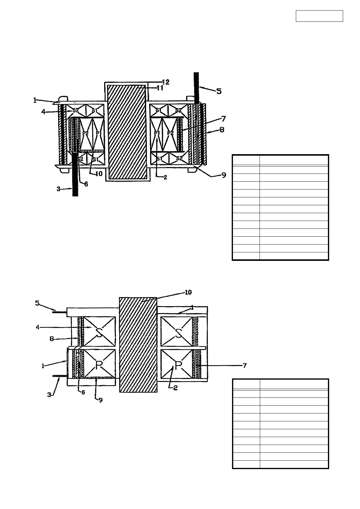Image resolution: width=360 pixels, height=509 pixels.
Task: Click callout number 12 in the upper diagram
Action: (166, 82)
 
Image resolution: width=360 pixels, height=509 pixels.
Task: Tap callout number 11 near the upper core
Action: (160, 88)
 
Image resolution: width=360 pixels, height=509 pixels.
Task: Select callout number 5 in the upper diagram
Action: (219, 91)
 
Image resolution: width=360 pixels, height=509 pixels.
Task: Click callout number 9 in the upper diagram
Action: (224, 175)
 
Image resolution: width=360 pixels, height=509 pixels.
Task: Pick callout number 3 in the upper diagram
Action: (58, 189)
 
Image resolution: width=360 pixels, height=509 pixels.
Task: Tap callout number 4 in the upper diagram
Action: (44, 112)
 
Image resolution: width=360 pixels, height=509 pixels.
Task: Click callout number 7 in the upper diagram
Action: (223, 118)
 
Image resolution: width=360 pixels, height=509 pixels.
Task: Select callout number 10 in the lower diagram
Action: (188, 292)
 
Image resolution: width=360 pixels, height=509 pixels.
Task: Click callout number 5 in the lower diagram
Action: (38, 303)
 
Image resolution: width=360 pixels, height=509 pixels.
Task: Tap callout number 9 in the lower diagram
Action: (100, 400)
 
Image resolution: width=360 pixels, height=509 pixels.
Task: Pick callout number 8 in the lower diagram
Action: (52, 339)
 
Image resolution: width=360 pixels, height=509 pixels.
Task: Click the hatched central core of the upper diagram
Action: (127, 132)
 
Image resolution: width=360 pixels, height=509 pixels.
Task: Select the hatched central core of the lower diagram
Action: (138, 345)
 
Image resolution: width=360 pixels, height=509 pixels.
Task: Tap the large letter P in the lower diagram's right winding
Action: (178, 365)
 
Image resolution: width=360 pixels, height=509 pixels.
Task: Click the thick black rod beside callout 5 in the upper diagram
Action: (196, 88)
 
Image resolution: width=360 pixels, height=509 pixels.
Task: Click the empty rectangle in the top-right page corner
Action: (319, 16)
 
